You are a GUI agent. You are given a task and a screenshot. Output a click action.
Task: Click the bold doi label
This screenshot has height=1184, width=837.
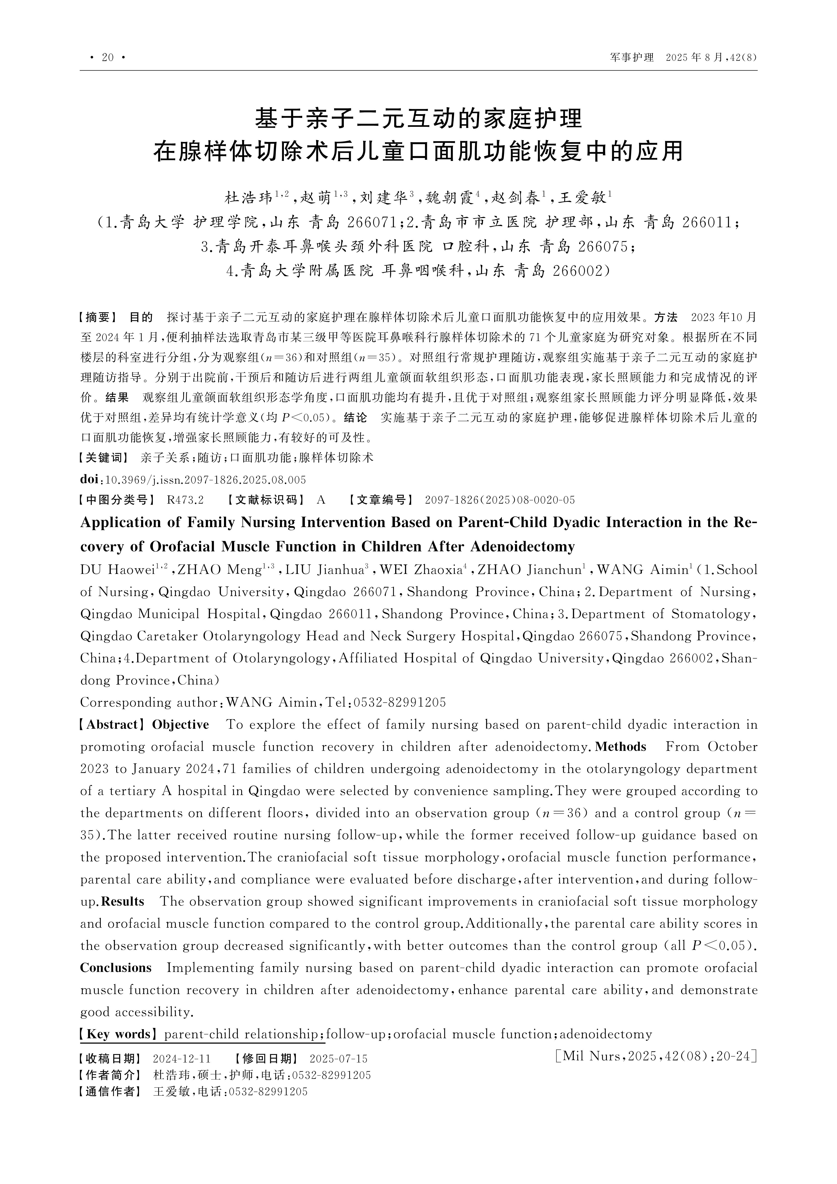point(89,480)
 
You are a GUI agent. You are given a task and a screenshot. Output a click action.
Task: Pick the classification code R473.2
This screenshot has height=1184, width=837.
point(185,500)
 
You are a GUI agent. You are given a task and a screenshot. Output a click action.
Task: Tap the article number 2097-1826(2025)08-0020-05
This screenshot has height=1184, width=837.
point(499,500)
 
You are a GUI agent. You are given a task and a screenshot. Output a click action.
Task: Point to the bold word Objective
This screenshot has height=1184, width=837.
point(181,724)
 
